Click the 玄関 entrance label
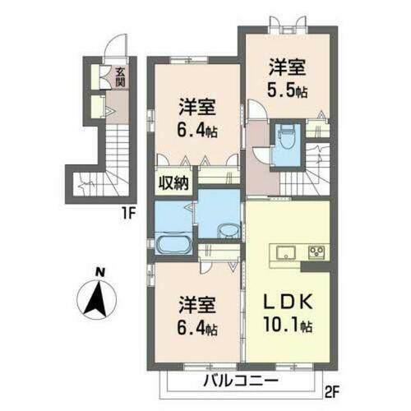coord(120,77)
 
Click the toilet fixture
coord(285,135)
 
